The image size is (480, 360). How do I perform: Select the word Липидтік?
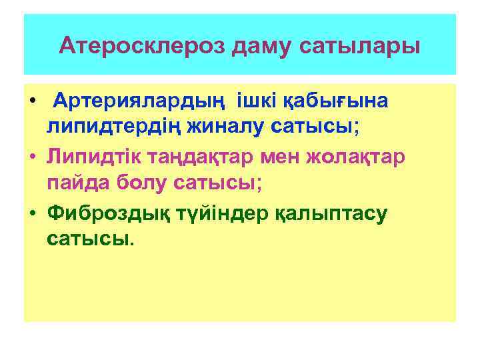[x=95, y=155]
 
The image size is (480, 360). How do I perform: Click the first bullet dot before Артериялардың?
[x=31, y=102]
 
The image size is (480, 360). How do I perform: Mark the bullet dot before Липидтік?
[x=31, y=157]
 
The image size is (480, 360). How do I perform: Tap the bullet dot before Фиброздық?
[x=31, y=212]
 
